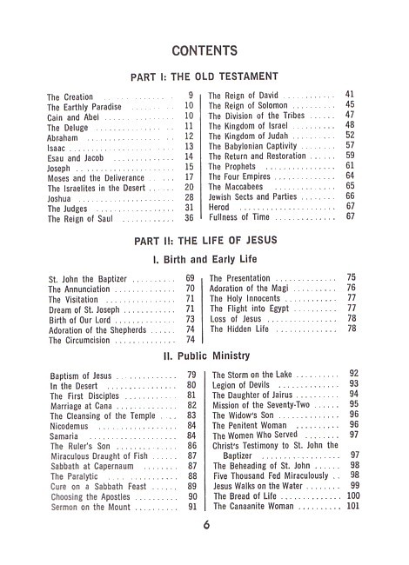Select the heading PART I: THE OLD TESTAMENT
204,76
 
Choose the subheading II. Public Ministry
204,356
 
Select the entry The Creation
70,97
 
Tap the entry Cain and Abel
76,116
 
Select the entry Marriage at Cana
83,406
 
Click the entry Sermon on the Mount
88,507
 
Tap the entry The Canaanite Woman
254,506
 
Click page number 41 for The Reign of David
350,93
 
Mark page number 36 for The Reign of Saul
189,219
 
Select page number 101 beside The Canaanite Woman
352,506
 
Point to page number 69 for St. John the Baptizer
190,279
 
